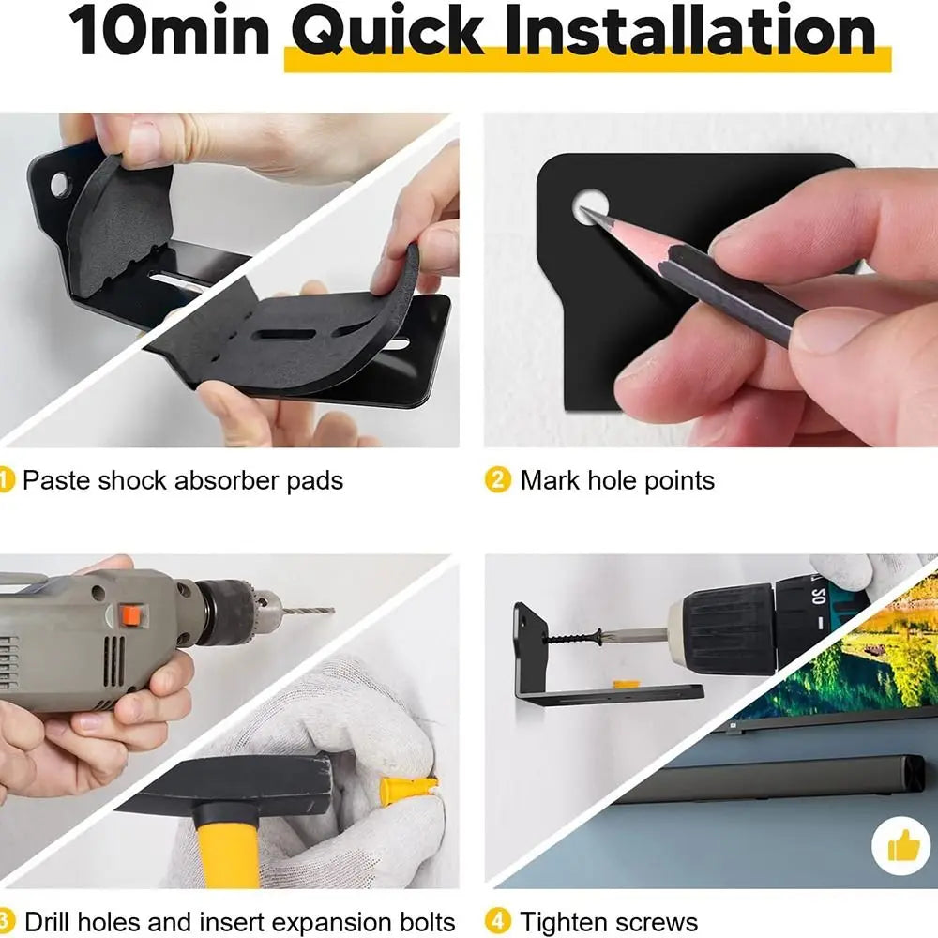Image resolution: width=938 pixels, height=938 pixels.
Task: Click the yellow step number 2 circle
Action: pyautogui.click(x=497, y=480)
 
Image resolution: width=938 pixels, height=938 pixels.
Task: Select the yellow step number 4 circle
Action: pyautogui.click(x=497, y=921)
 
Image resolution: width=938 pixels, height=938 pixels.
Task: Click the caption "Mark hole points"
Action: pyautogui.click(x=617, y=480)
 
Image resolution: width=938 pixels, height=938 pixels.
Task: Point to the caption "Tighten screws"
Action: pyautogui.click(x=609, y=921)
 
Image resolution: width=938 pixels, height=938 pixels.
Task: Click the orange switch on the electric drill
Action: pyautogui.click(x=133, y=615)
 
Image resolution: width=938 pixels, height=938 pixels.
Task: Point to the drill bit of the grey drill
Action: pyautogui.click(x=306, y=609)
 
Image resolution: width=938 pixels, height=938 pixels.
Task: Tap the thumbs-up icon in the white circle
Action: pyautogui.click(x=900, y=846)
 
